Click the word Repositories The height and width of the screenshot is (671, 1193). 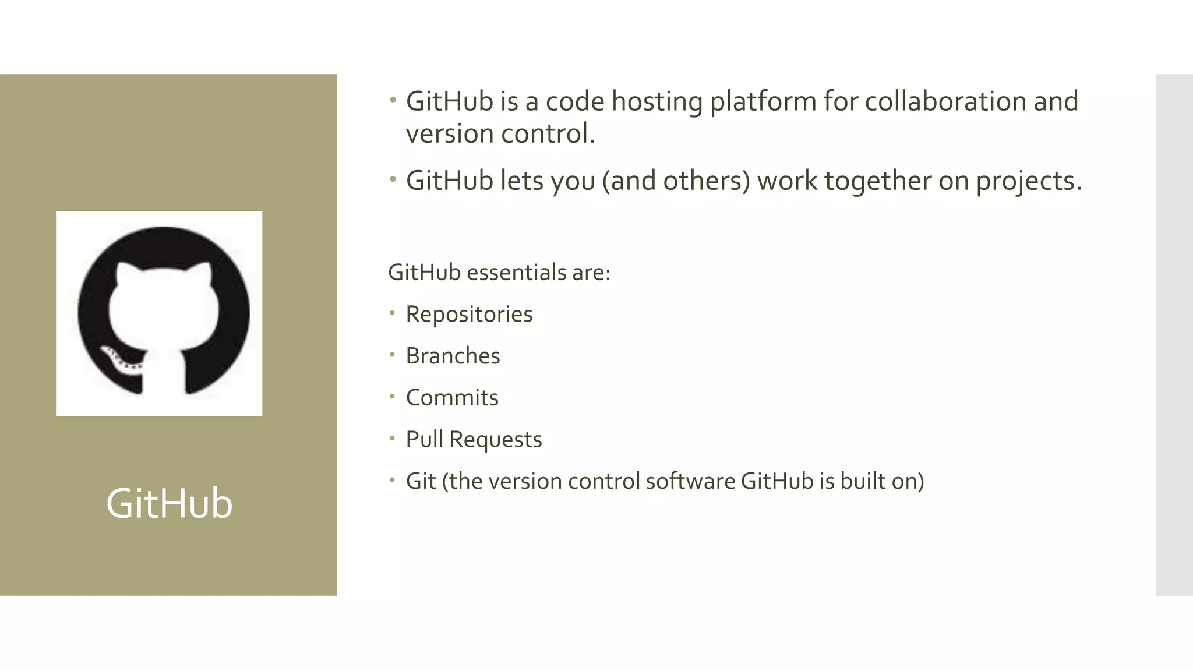click(x=469, y=315)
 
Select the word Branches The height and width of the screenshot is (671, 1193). click(x=453, y=356)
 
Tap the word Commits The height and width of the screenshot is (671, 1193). click(x=452, y=398)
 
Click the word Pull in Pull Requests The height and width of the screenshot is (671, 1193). click(x=424, y=439)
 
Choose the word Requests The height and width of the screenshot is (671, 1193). click(x=496, y=440)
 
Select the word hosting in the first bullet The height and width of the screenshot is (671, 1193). click(x=656, y=103)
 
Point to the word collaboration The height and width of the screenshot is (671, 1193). click(x=945, y=101)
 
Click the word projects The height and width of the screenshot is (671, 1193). click(x=1028, y=182)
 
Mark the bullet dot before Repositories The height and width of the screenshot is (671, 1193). click(x=393, y=313)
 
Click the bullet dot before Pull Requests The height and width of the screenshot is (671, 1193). click(x=393, y=439)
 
